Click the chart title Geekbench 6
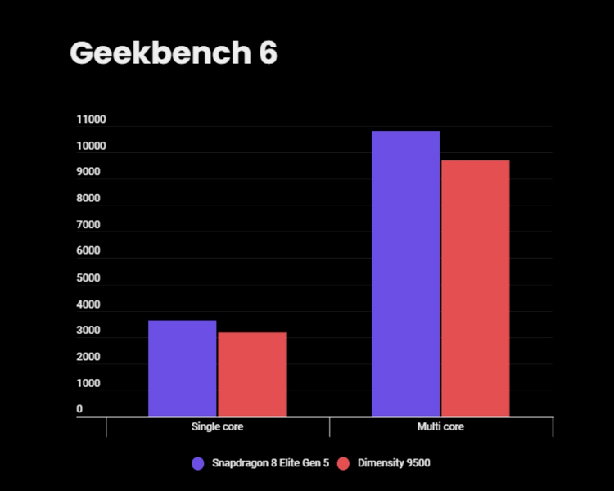[x=174, y=53]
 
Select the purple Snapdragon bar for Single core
[x=182, y=368]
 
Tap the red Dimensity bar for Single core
[x=252, y=374]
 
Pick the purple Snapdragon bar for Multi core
[x=405, y=273]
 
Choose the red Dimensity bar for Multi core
[x=476, y=288]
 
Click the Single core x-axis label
[x=217, y=427]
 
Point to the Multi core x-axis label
[x=440, y=427]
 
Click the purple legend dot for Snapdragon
[x=197, y=463]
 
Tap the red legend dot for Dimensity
[x=343, y=463]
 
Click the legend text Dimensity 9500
[x=395, y=463]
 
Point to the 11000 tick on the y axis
[x=91, y=120]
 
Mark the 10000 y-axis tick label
[x=91, y=146]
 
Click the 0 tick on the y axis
[x=79, y=409]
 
